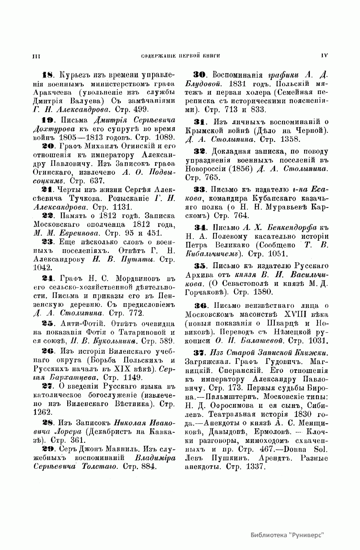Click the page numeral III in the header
[x=36, y=56]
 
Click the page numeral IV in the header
[x=324, y=55]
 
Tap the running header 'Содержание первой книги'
[x=181, y=56]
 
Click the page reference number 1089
[x=162, y=137]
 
